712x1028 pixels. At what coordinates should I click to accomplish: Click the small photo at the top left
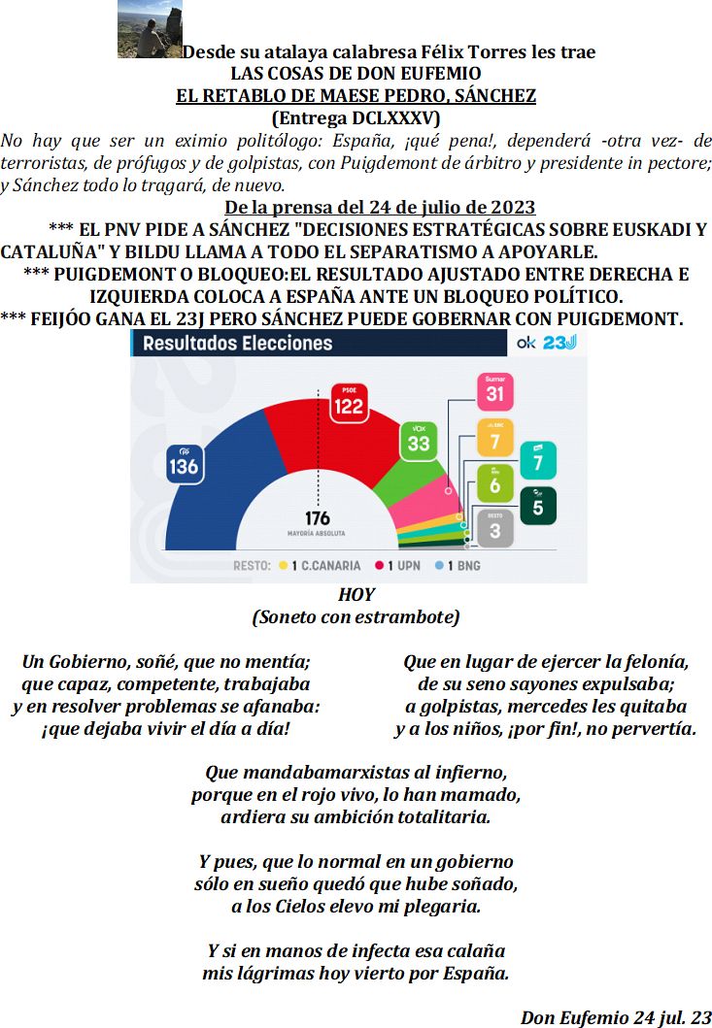click(x=150, y=30)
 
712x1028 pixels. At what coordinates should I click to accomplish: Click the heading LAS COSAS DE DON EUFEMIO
click(x=356, y=74)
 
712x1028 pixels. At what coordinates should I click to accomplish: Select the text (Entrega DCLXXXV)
click(x=356, y=117)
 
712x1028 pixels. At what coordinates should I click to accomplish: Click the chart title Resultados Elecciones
click(x=238, y=343)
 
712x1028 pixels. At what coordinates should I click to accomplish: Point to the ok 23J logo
click(x=547, y=343)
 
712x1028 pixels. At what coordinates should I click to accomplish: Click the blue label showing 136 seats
click(x=183, y=464)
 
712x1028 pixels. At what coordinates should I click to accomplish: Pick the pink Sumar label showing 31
click(x=495, y=390)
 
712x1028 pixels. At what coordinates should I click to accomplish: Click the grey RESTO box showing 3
click(x=495, y=527)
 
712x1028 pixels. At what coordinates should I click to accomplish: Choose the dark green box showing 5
click(x=538, y=504)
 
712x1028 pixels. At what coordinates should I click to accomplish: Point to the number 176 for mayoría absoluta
click(x=318, y=518)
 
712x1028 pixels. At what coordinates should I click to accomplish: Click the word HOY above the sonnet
click(x=356, y=594)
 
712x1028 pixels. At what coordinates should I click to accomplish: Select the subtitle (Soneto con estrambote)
click(x=356, y=617)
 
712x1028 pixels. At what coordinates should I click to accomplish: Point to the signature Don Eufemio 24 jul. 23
click(x=616, y=1017)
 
